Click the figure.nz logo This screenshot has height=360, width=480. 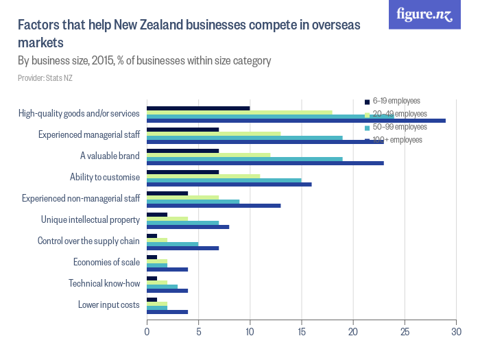click(424, 14)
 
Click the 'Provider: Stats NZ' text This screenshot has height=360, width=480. click(45, 78)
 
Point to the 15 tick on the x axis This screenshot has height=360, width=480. click(302, 332)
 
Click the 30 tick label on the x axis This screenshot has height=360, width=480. click(456, 332)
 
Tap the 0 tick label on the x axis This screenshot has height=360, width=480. click(147, 332)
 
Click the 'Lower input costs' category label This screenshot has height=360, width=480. click(109, 304)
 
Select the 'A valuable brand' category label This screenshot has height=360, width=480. click(110, 156)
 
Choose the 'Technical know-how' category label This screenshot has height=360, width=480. click(104, 283)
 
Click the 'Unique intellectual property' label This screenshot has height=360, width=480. click(91, 219)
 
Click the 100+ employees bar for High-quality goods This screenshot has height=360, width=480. click(296, 121)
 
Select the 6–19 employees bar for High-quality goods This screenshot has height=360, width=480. click(198, 108)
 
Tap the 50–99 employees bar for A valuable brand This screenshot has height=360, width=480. click(245, 159)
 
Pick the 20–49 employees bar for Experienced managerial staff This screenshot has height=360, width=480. click(213, 134)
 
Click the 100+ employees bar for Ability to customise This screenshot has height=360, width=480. click(229, 184)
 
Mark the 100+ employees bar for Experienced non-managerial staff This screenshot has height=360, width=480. click(213, 206)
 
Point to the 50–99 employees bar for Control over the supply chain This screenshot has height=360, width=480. click(172, 243)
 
